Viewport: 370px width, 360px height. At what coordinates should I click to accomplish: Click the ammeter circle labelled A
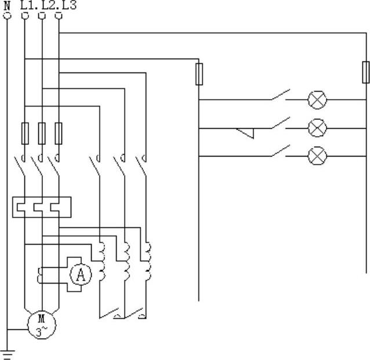[81, 276]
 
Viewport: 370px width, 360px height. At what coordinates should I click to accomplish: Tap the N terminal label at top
[7, 5]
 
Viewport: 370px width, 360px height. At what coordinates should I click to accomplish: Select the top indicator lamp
[317, 100]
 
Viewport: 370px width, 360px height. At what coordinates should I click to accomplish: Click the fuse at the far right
[365, 72]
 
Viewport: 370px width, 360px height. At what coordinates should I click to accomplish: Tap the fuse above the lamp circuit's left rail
[199, 74]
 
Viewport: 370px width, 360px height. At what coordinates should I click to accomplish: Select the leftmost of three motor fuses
[24, 133]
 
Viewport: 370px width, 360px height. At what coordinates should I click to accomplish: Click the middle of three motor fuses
[41, 133]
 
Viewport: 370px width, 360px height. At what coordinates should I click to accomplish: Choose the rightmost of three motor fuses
[59, 133]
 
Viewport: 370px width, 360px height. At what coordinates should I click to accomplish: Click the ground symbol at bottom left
[7, 354]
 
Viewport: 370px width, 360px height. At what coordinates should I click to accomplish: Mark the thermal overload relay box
[41, 207]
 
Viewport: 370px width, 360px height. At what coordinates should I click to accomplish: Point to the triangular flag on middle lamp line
[246, 133]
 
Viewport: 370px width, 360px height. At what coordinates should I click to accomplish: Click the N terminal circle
[7, 16]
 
